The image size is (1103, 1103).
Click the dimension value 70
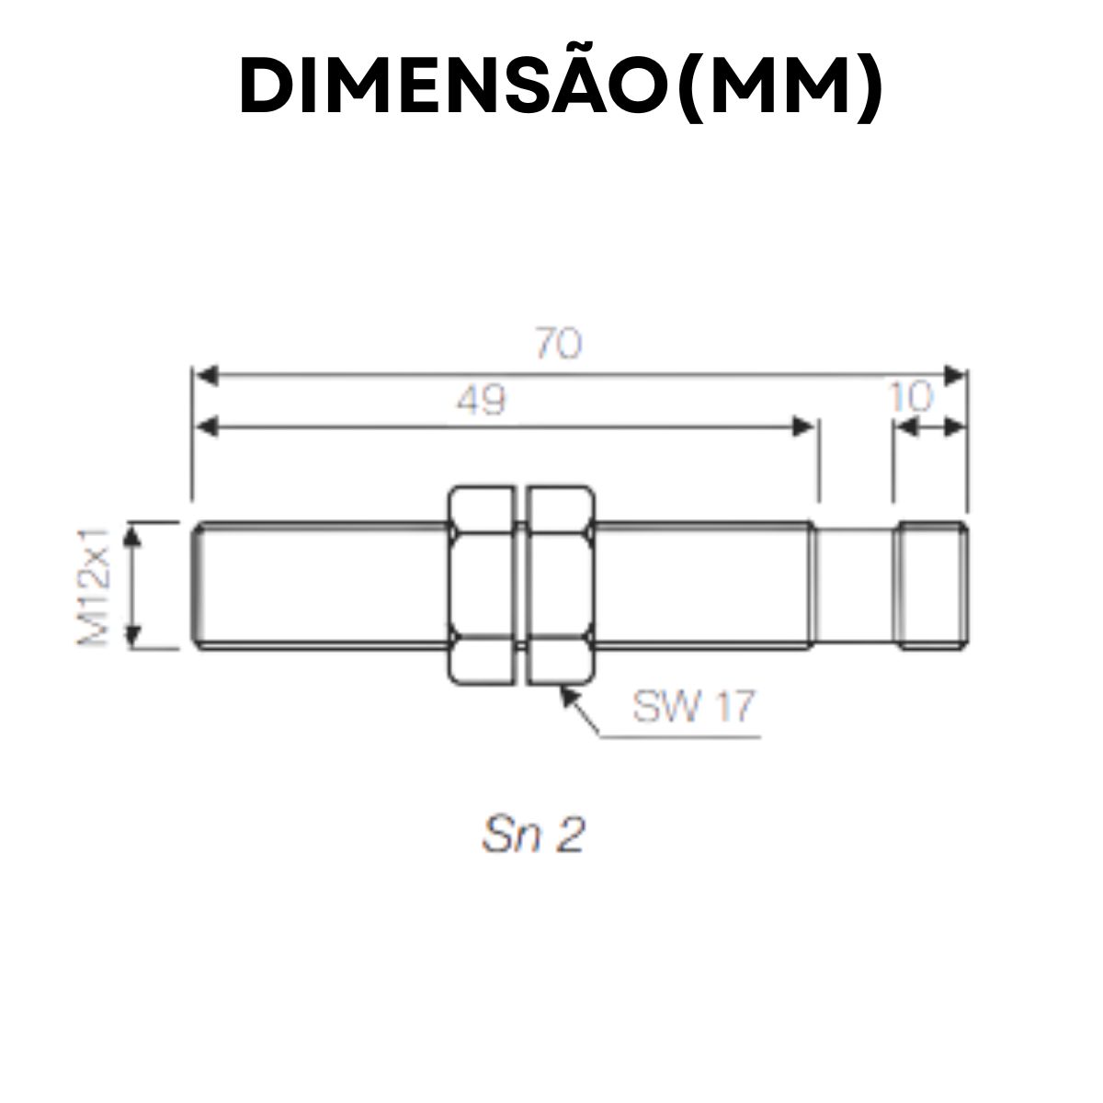(x=558, y=345)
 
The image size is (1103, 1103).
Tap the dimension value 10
(x=911, y=397)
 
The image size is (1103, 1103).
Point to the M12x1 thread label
(x=95, y=586)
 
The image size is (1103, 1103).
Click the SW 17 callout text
(x=693, y=706)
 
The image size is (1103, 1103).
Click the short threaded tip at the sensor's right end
(x=931, y=586)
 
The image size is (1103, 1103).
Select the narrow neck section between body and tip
(x=855, y=586)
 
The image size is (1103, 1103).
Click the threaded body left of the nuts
(x=322, y=586)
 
